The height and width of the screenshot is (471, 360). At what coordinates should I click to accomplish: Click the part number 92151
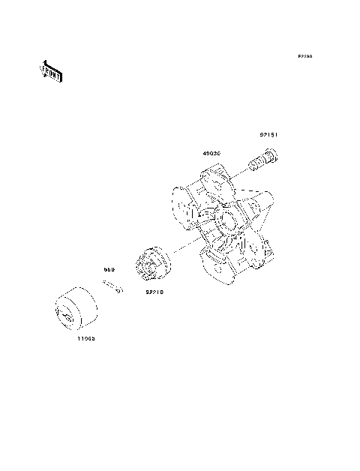(x=269, y=136)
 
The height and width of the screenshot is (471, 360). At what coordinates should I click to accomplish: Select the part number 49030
(x=212, y=154)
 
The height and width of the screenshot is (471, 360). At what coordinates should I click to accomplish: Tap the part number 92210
(x=155, y=292)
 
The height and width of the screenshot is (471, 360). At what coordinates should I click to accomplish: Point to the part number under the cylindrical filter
(x=84, y=338)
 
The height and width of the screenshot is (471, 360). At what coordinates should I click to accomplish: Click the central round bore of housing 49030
(x=226, y=223)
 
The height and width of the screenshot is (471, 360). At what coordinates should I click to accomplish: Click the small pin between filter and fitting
(x=112, y=286)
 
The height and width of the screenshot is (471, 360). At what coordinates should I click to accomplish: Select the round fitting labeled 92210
(x=152, y=264)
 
